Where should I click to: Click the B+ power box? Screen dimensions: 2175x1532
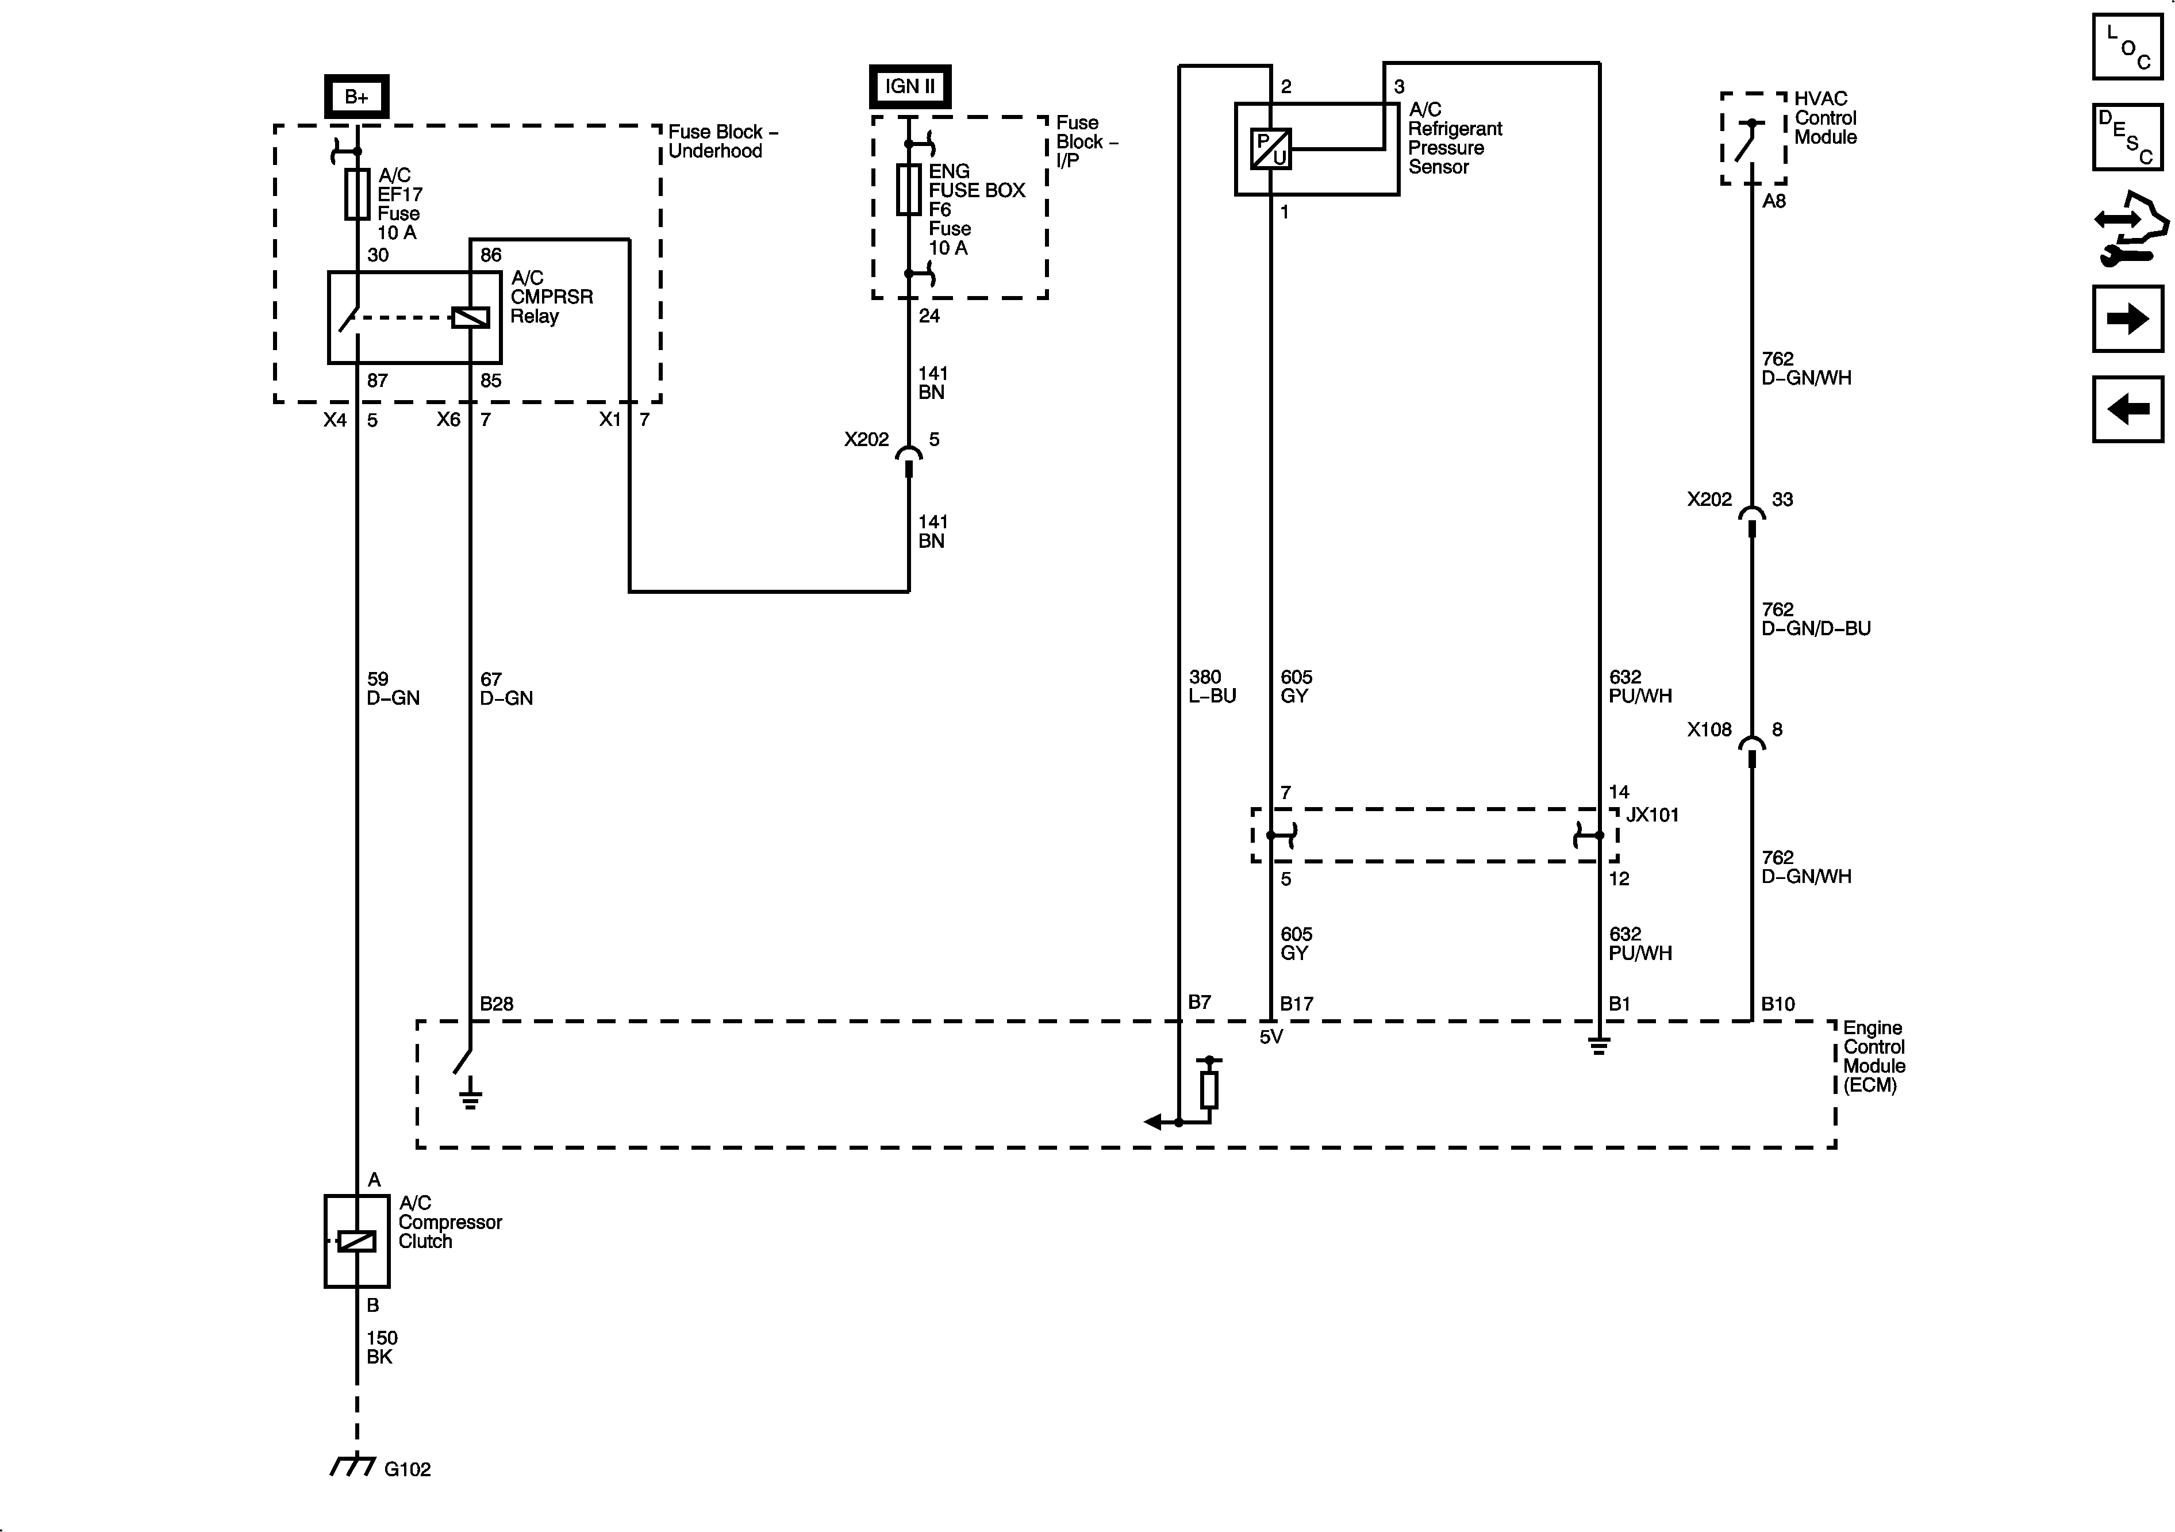click(356, 97)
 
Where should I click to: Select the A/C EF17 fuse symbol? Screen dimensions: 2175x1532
click(357, 194)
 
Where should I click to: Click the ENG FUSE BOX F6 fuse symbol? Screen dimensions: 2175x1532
click(909, 190)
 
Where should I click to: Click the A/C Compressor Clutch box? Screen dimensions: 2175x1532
click(357, 1241)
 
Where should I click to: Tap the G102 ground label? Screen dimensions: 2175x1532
click(408, 1469)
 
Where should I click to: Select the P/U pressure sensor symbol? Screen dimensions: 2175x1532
click(1270, 149)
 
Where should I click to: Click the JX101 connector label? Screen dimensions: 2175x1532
click(1652, 815)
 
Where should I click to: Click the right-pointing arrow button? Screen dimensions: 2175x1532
click(2128, 318)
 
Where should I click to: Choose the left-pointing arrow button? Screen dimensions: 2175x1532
click(2128, 409)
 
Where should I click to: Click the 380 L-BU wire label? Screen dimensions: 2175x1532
click(1213, 686)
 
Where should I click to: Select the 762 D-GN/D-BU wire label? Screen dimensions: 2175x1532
click(1816, 619)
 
